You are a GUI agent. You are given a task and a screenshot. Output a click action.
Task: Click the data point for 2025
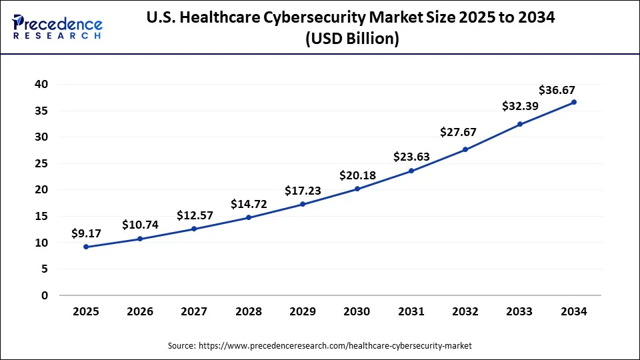(x=86, y=247)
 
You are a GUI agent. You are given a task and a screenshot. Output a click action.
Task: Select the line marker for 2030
(x=357, y=189)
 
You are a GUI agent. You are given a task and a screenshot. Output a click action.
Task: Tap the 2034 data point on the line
(x=574, y=102)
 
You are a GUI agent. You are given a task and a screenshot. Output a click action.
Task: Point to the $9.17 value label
(x=86, y=234)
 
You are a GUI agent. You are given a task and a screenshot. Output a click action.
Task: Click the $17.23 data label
(x=303, y=191)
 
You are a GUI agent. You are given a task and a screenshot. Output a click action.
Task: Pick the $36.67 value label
(x=557, y=91)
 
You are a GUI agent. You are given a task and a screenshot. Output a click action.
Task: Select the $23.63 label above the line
(x=411, y=157)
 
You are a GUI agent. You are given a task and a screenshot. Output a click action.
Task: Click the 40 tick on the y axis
(x=41, y=84)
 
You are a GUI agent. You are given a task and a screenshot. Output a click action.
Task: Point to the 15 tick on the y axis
(x=41, y=216)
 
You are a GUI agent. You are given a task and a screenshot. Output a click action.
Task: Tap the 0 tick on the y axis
(x=45, y=295)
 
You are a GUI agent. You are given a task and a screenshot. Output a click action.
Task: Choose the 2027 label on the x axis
(x=194, y=311)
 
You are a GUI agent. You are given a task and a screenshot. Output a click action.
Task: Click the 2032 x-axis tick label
(x=465, y=311)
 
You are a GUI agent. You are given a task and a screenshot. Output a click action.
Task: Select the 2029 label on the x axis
(x=303, y=311)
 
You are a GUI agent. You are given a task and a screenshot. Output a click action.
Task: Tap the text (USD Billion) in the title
(x=353, y=39)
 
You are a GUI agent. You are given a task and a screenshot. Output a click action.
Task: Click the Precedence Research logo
(x=57, y=27)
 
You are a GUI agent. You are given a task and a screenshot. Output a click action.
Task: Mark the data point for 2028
(x=249, y=217)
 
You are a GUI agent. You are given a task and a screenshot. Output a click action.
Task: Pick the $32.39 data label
(x=520, y=106)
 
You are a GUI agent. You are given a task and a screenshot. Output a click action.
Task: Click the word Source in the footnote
(x=181, y=345)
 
